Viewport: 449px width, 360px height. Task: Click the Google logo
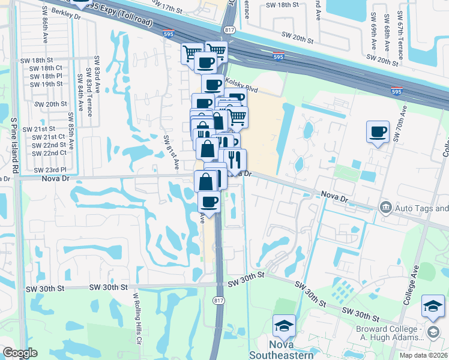[x=20, y=353]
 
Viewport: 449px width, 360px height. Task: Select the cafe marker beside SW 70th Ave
[x=378, y=133]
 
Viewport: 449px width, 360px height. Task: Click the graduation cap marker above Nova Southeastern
[x=284, y=328]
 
